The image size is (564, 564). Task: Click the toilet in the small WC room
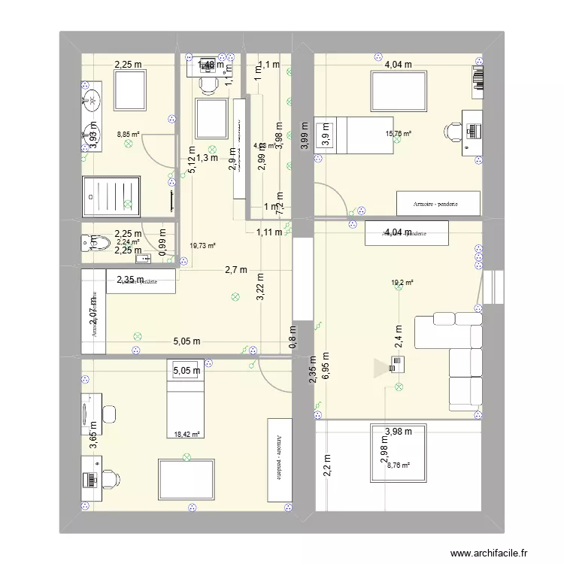[x=99, y=242]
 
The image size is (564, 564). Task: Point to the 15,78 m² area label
[x=398, y=135]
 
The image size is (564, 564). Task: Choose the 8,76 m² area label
[x=399, y=465]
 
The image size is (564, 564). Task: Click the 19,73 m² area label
[x=202, y=245]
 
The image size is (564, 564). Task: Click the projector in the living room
[x=397, y=365]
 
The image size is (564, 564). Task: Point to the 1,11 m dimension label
[x=269, y=232]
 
